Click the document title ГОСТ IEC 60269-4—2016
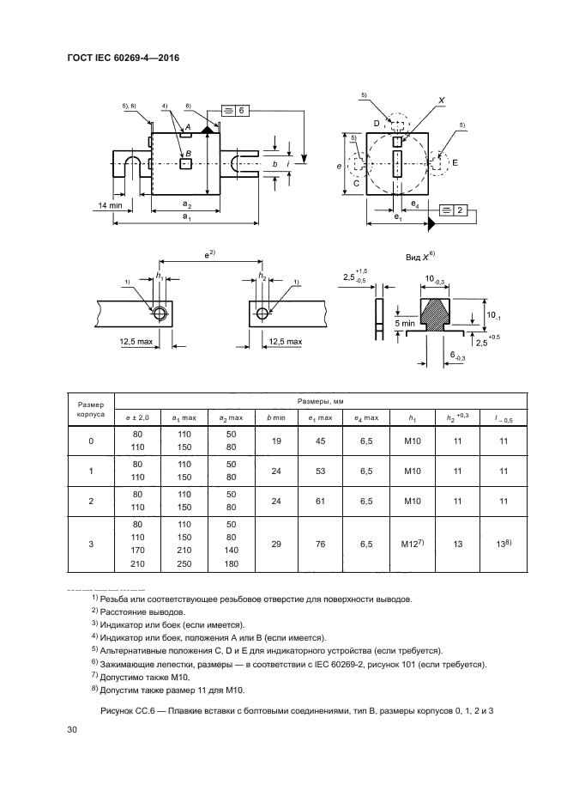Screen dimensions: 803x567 (128, 58)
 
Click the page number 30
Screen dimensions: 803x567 (72, 729)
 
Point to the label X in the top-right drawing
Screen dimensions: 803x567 (441, 100)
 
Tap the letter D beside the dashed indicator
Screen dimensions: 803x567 (377, 124)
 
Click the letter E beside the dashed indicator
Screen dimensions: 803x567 (455, 161)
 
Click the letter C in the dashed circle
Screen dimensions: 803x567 (356, 183)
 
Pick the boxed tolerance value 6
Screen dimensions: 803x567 (242, 111)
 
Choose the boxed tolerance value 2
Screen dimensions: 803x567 (460, 210)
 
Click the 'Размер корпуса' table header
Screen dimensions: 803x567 (91, 407)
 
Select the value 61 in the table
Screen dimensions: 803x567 (320, 498)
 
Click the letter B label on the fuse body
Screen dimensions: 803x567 (188, 153)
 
